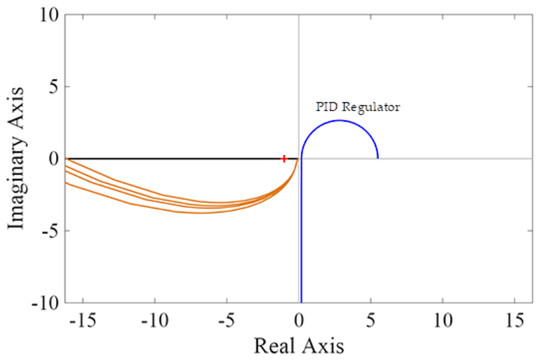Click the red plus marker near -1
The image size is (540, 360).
pos(283,159)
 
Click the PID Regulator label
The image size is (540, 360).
pos(358,107)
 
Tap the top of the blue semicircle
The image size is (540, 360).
pos(339,120)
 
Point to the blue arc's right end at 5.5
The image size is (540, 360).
pos(378,158)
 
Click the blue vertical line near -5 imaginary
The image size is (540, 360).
pos(301,230)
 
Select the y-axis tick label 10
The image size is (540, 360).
pos(49,15)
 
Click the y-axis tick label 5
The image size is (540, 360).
pos(54,87)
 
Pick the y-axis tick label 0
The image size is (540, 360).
pos(54,159)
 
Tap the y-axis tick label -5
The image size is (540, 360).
pos(51,231)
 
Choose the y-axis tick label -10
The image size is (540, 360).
pos(46,303)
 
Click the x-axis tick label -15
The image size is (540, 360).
pos(84,321)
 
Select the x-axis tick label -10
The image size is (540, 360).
pos(155,321)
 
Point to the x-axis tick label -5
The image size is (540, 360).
pos(227,321)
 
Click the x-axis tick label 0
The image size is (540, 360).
pos(299,321)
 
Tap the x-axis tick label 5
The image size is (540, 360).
pos(370,321)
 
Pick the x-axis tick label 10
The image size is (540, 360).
pos(443,321)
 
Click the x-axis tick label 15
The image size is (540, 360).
pos(515,321)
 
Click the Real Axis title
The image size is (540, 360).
pos(299,346)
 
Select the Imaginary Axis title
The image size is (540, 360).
pos(16,159)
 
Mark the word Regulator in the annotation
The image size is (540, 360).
pos(371,107)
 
